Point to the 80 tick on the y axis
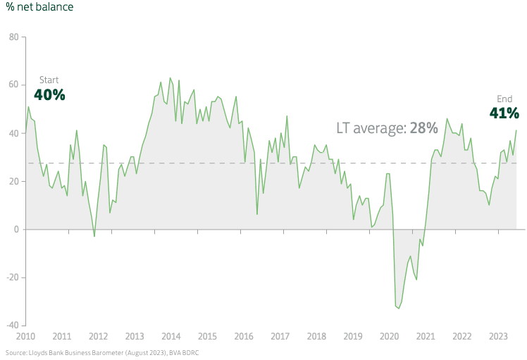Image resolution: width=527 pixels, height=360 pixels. [x=13, y=37]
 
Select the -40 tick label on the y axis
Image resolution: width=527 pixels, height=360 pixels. [x=11, y=325]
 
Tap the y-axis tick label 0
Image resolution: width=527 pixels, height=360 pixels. [x=15, y=229]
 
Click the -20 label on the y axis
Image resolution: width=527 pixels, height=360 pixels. [x=11, y=277]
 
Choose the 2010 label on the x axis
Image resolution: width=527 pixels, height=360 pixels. [x=25, y=336]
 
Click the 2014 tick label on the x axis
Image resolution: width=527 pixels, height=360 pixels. [x=170, y=336]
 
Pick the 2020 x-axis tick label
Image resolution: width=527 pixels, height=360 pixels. [x=389, y=336]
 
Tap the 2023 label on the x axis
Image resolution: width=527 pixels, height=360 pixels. [x=498, y=336]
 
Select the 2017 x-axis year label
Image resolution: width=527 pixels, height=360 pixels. [x=280, y=336]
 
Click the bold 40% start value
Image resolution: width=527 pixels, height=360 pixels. [x=49, y=95]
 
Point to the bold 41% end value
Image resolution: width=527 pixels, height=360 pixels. [x=504, y=113]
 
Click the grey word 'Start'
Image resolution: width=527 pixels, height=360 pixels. [x=49, y=80]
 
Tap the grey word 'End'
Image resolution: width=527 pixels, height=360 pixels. [x=505, y=99]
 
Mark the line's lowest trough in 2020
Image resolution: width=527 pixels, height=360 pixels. [x=399, y=308]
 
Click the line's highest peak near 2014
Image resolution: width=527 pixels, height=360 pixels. [x=170, y=78]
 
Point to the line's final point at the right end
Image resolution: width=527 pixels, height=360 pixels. [x=516, y=130]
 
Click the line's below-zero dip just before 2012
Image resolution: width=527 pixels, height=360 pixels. [x=94, y=236]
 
